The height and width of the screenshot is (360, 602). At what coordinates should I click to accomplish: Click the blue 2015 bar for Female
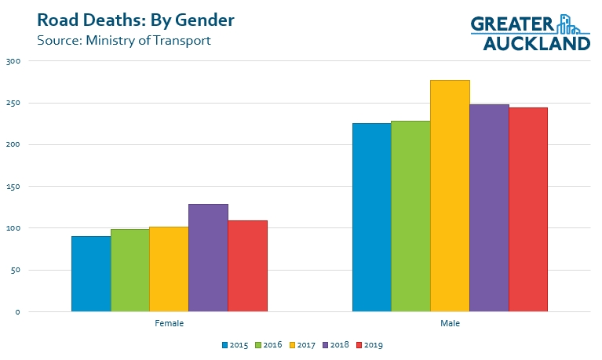pos(91,274)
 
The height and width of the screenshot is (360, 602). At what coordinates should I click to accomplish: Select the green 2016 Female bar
pos(130,270)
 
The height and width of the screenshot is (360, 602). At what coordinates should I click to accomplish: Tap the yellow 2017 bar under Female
pos(170,269)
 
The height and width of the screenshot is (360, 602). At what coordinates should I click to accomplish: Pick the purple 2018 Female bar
pos(209,257)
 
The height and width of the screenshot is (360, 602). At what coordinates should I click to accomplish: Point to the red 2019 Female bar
pos(248,266)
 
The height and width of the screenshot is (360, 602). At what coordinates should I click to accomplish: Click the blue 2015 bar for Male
pos(372,217)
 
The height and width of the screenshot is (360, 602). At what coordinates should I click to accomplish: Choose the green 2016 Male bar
pos(411,216)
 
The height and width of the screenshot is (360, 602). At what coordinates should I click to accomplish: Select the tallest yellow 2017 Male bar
pos(451,196)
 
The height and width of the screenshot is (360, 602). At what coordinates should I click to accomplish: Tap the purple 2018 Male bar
pos(490,208)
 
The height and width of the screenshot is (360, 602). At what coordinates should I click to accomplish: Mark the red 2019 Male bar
pos(528,209)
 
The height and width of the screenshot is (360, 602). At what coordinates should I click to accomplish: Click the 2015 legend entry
pos(235,344)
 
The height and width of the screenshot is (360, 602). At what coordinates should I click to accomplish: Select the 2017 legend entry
pos(302,344)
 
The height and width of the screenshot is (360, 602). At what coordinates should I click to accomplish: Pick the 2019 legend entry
pos(370,344)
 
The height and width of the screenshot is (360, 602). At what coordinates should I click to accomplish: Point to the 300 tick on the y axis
pos(13,61)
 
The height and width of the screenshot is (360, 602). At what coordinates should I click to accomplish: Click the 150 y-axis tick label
pos(13,187)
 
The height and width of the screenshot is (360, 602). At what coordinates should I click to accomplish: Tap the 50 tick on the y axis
pos(16,270)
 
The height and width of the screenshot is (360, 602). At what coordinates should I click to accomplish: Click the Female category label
pos(170,323)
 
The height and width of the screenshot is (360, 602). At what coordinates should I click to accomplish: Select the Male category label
pos(450,323)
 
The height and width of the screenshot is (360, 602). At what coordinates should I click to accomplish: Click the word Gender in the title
pos(205,20)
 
